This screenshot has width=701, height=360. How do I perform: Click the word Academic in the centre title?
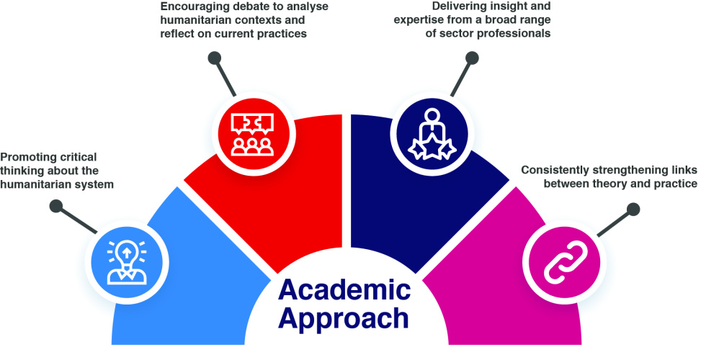coord(344,289)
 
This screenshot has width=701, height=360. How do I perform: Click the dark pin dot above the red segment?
coord(213,58)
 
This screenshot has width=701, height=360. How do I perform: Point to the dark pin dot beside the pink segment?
coord(633,210)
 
